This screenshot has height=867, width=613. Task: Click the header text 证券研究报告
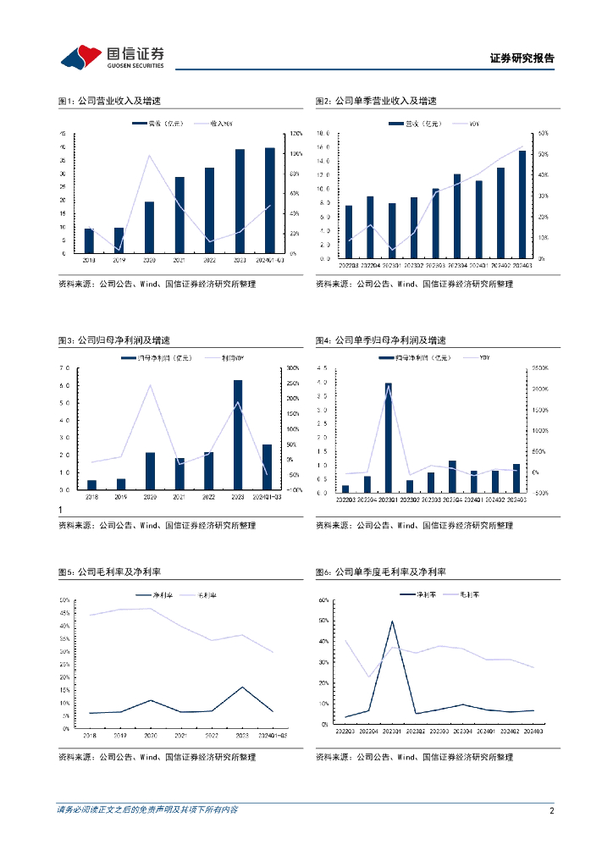[522, 58]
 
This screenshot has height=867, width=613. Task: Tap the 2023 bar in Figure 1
[240, 201]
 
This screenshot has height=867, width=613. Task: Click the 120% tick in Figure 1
[295, 134]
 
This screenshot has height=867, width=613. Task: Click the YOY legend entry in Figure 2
[472, 124]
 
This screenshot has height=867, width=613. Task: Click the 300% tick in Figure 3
[294, 368]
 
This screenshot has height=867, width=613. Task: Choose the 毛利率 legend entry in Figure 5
[203, 595]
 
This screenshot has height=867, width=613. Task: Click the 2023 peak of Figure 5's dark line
[242, 687]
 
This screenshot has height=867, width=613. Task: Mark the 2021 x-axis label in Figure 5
[180, 736]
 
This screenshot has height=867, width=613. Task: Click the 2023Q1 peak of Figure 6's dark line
[391, 621]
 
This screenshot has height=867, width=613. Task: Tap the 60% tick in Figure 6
[323, 599]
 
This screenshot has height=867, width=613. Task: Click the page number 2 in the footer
[551, 810]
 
